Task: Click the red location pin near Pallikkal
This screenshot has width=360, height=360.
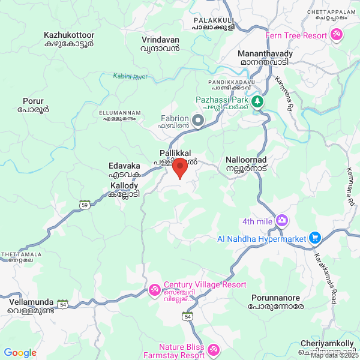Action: click(x=179, y=170)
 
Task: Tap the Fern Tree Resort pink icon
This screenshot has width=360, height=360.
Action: click(x=337, y=35)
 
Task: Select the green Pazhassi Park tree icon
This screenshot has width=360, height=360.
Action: click(x=257, y=102)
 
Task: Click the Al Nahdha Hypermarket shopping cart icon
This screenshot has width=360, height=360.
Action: click(x=314, y=238)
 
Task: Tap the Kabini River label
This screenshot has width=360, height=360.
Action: click(x=130, y=77)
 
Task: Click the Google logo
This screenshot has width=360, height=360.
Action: click(x=20, y=353)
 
